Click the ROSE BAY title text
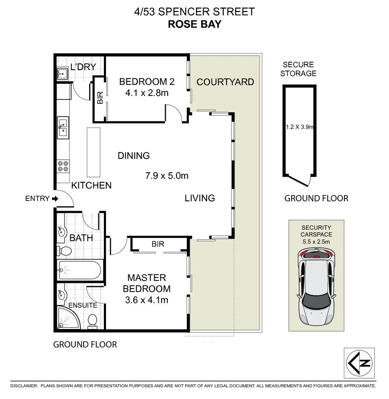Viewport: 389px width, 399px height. [x=194, y=24]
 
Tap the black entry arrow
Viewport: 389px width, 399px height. [x=55, y=199]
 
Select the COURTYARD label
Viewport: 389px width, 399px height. [x=225, y=82]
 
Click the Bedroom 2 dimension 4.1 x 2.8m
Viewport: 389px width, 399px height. [x=147, y=93]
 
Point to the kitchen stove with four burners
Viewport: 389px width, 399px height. [x=63, y=166]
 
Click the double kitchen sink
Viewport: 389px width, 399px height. [x=63, y=127]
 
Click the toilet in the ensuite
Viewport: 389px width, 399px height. [x=92, y=321]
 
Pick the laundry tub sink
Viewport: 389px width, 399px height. [x=62, y=74]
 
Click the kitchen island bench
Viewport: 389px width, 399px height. [x=93, y=152]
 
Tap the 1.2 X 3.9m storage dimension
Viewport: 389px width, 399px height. [x=299, y=127]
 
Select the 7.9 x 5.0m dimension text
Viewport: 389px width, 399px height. [x=167, y=175]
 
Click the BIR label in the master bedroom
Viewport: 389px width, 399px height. [x=158, y=244]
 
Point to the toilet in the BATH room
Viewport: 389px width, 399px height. [x=65, y=251]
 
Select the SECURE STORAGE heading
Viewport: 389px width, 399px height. [x=298, y=69]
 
